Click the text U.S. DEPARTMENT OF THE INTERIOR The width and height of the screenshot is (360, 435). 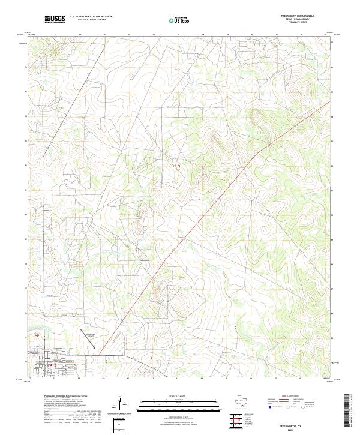pyautogui.click(x=91, y=17)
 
